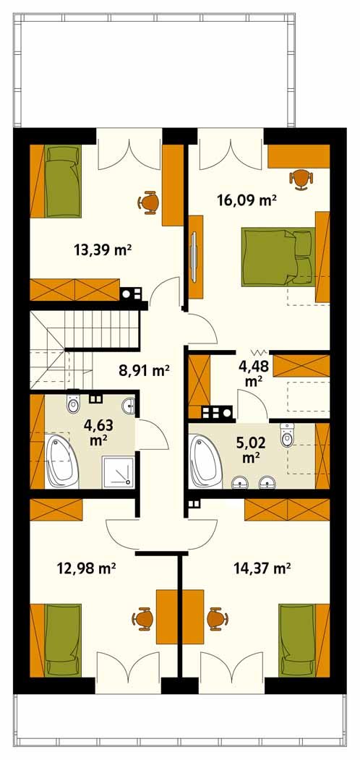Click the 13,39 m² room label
coord(103,250)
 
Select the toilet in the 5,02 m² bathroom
coord(286,435)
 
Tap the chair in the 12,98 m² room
coord(142,619)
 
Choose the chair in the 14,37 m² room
coord(217,619)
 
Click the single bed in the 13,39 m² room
coord(62,182)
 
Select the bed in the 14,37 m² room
coord(298,639)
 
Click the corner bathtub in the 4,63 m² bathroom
coord(61,461)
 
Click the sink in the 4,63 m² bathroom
coord(129,406)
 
